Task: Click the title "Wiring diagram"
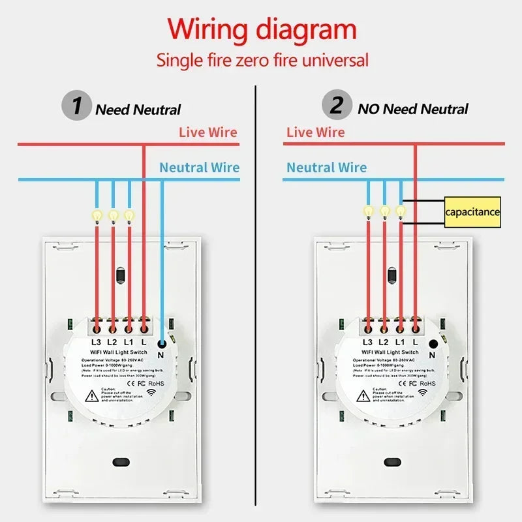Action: click(262, 29)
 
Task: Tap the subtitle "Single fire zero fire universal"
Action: click(262, 61)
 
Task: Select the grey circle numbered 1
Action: click(76, 105)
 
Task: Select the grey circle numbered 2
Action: click(336, 105)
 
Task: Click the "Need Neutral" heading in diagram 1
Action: click(138, 110)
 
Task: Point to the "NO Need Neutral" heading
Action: click(412, 109)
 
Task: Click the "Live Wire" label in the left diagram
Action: click(208, 132)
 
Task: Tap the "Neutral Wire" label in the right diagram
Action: click(327, 168)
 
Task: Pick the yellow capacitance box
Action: click(472, 212)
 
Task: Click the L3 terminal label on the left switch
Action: click(97, 342)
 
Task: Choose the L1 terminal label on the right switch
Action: click(399, 342)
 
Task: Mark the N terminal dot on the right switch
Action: click(432, 343)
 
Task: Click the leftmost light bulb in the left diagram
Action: click(97, 215)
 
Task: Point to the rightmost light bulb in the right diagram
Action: click(401, 211)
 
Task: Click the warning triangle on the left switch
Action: click(92, 394)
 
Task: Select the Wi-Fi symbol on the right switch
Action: click(423, 392)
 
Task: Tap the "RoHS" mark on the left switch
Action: click(153, 383)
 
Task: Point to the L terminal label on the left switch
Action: click(144, 342)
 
